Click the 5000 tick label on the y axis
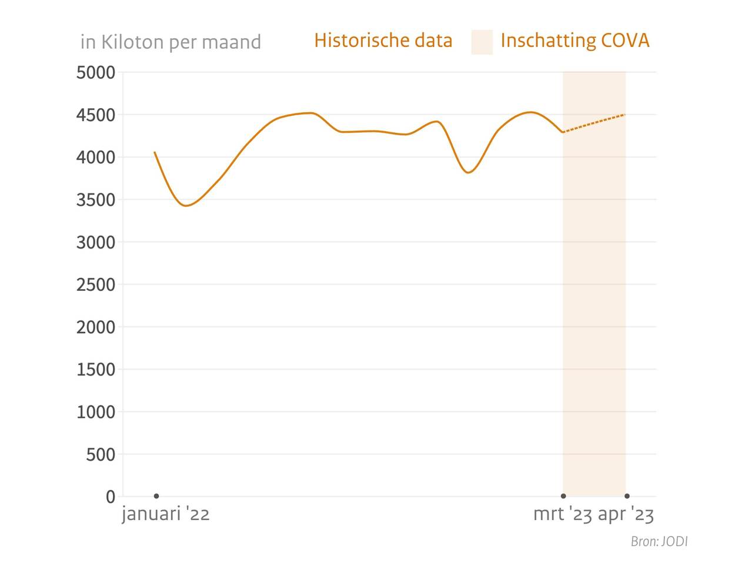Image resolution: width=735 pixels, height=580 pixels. [x=96, y=73]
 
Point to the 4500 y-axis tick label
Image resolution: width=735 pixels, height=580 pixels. [x=96, y=115]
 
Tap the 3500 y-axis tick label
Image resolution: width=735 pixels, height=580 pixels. [x=96, y=200]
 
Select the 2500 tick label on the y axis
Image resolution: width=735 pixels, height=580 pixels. [x=96, y=284]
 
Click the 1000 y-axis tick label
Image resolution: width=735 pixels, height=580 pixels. [x=96, y=412]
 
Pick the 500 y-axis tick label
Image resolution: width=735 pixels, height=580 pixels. [x=101, y=454]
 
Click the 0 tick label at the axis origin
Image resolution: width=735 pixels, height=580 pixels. [x=111, y=497]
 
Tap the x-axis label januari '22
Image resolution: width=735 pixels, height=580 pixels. [x=166, y=514]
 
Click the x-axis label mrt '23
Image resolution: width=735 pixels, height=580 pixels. [x=563, y=514]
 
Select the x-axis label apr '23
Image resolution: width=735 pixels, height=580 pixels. [x=626, y=514]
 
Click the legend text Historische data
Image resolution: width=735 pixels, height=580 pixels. [x=383, y=41]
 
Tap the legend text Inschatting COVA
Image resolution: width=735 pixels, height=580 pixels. [x=574, y=41]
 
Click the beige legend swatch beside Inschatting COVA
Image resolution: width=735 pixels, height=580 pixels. [x=482, y=42]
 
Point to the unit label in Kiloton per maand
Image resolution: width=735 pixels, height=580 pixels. [x=171, y=42]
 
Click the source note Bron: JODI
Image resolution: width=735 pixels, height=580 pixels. [x=659, y=541]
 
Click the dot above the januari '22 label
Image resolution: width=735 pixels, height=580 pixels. [x=156, y=496]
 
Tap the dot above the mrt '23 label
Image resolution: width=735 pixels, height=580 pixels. [x=563, y=496]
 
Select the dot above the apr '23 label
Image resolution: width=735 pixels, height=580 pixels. [x=627, y=496]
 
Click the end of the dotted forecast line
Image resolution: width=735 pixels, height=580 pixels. [x=624, y=115]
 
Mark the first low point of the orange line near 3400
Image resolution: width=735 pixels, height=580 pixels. [x=186, y=206]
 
